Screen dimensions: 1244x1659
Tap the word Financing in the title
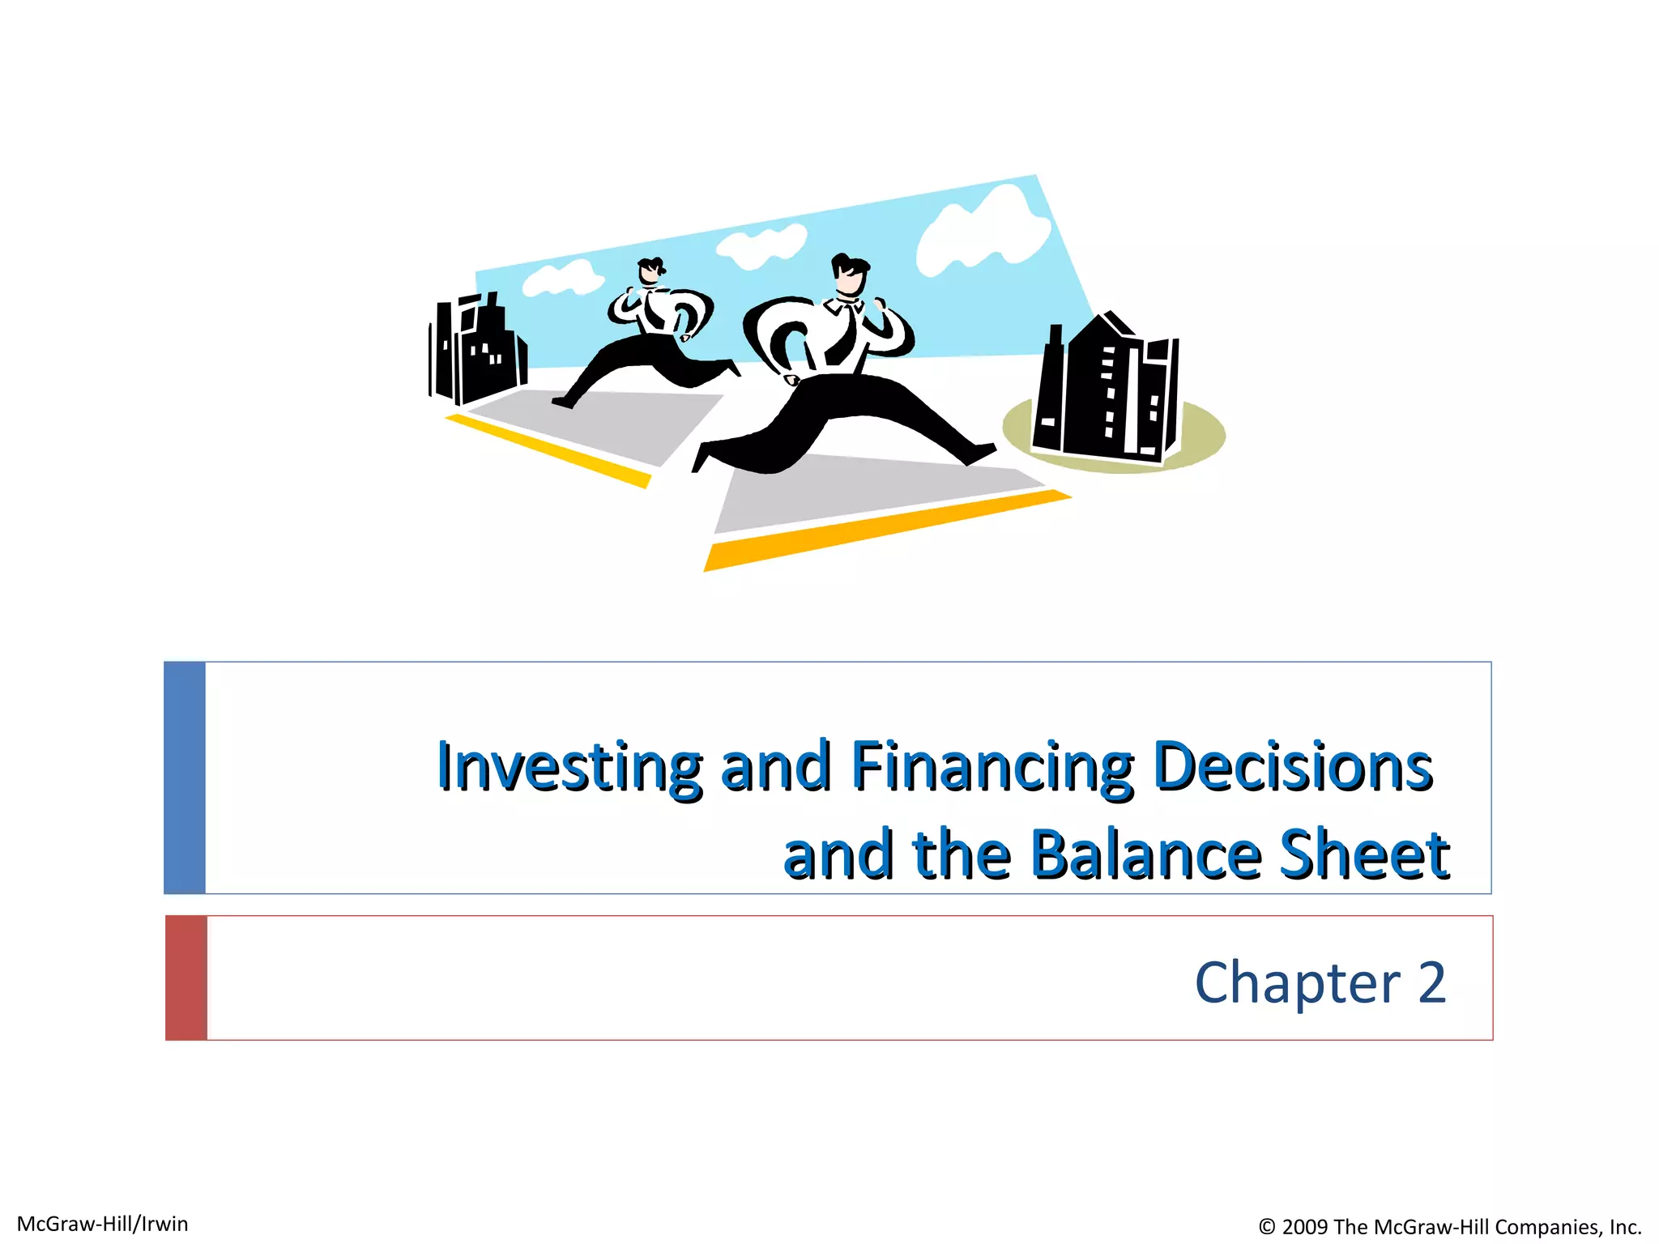click(992, 766)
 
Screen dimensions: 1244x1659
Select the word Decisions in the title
click(1293, 766)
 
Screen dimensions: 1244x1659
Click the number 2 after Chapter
click(1432, 982)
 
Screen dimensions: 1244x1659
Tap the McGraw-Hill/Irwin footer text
click(103, 1224)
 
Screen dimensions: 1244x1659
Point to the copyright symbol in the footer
click(1267, 1227)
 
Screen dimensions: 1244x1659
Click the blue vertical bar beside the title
click(185, 777)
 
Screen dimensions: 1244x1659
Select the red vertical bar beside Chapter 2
click(186, 978)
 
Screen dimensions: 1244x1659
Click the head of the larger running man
click(850, 276)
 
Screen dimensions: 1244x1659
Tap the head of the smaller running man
click(650, 271)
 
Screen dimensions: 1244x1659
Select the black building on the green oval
click(1106, 389)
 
